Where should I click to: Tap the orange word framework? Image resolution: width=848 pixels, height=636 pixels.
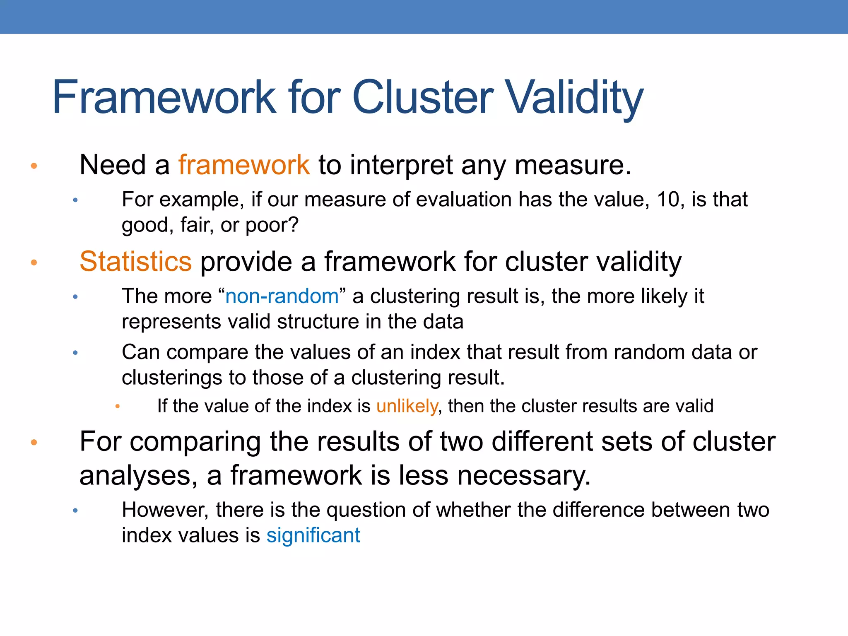point(244,165)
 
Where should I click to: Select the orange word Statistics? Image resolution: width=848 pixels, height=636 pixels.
point(135,262)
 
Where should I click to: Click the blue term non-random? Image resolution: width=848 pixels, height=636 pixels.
point(282,296)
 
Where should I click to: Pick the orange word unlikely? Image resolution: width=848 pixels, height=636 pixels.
point(407,406)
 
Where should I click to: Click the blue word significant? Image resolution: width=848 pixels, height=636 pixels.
point(313,535)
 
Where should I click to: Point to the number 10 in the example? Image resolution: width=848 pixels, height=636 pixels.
point(668,200)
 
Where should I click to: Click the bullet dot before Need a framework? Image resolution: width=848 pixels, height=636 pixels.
point(34,166)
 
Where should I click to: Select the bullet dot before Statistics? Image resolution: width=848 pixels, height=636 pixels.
point(34,263)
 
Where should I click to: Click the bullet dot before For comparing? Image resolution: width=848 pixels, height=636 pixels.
point(34,443)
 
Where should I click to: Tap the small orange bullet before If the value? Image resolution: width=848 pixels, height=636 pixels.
point(118,407)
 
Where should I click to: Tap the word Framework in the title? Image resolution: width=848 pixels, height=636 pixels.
point(164,98)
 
